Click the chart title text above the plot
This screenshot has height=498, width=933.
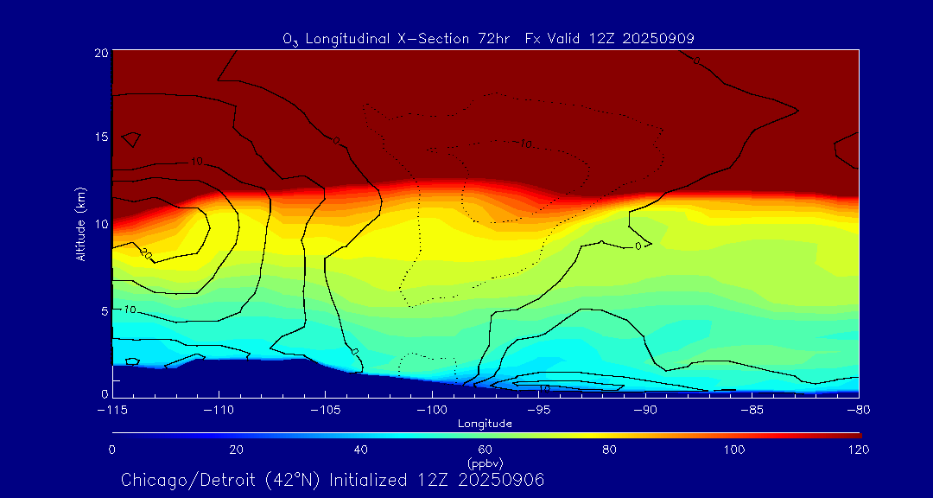click(x=488, y=38)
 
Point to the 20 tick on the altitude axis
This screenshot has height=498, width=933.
click(x=101, y=53)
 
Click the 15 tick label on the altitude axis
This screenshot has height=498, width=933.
click(x=101, y=137)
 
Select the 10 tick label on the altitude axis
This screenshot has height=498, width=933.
click(x=101, y=223)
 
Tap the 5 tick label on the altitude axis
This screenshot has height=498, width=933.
click(x=104, y=310)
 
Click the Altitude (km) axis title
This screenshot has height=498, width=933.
click(x=80, y=223)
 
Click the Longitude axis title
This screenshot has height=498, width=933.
click(x=485, y=424)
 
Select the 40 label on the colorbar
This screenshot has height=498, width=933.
click(x=361, y=450)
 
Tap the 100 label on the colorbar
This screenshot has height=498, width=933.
click(x=734, y=450)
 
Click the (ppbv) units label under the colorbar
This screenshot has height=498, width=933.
click(x=485, y=463)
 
